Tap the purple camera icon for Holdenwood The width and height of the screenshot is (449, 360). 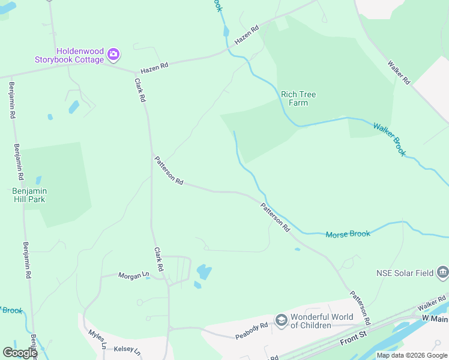(x=113, y=55)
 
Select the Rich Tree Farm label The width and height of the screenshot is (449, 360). (x=298, y=98)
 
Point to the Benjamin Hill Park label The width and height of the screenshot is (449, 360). (x=29, y=195)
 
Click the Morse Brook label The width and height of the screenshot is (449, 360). (x=348, y=234)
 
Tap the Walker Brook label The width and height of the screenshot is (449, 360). (x=390, y=139)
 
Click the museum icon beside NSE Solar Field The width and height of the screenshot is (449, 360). (x=443, y=272)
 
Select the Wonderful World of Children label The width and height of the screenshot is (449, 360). (x=310, y=321)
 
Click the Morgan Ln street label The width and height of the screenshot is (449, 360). (x=133, y=275)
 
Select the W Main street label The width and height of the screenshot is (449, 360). (x=435, y=317)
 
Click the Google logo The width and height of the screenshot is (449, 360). (x=20, y=353)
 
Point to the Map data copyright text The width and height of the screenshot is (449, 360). (x=412, y=355)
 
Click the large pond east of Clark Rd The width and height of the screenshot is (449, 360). (x=204, y=272)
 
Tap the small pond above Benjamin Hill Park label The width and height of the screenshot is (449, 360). (x=38, y=179)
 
